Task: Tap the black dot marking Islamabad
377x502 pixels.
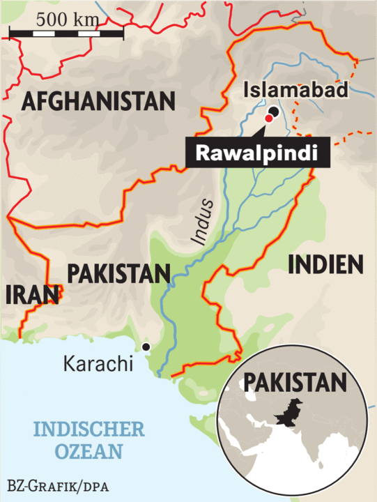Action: pos(274,112)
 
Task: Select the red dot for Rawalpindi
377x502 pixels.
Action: pos(268,119)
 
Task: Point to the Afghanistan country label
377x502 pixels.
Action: pos(98,102)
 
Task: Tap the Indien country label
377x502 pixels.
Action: pos(326,264)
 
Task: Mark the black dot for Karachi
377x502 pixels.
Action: pos(146,347)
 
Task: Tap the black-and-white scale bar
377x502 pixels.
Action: pos(67,33)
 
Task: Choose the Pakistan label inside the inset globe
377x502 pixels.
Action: pos(293,383)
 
